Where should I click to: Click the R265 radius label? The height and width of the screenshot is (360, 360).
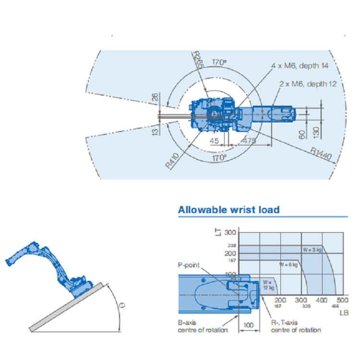point(197,61)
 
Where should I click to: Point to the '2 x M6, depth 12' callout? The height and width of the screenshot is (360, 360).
point(308,84)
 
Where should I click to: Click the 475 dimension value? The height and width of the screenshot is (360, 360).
point(249,141)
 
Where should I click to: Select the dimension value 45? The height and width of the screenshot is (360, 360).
point(215,141)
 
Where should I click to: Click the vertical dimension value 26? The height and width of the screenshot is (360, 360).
point(155,97)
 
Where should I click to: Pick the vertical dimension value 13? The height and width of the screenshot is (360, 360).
point(155,131)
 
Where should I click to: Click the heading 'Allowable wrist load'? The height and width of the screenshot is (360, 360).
point(228,210)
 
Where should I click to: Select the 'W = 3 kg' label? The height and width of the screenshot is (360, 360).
point(312,250)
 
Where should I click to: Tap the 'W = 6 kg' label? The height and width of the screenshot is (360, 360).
point(288,264)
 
